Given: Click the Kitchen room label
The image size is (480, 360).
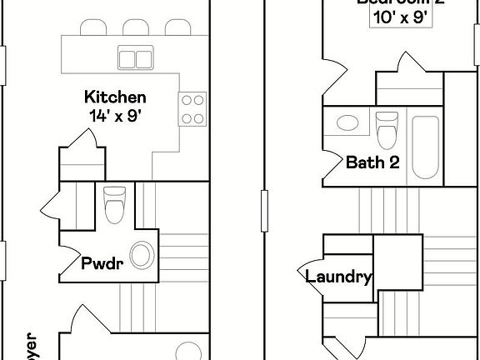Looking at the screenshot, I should click(117, 97).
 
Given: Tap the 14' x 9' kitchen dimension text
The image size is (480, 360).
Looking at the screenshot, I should click(117, 117).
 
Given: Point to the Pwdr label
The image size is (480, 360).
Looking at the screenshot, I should click(102, 264).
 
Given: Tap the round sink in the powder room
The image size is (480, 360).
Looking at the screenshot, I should click(142, 256).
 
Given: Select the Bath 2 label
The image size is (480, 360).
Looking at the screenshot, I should click(372, 162).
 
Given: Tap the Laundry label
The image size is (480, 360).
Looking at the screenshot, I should click(337, 277).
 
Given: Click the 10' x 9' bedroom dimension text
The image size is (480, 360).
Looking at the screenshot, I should click(401, 17).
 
